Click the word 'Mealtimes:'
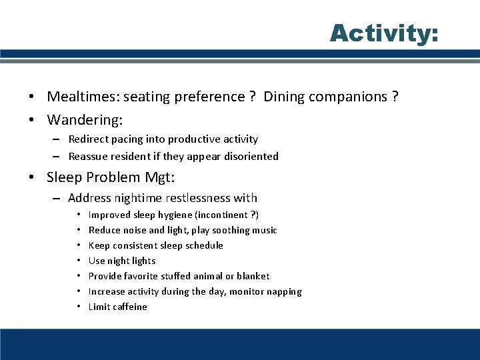79,97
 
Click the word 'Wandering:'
85,121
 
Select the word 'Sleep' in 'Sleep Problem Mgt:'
65,177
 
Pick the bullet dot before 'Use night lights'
79,261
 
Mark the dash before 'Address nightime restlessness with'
57,198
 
